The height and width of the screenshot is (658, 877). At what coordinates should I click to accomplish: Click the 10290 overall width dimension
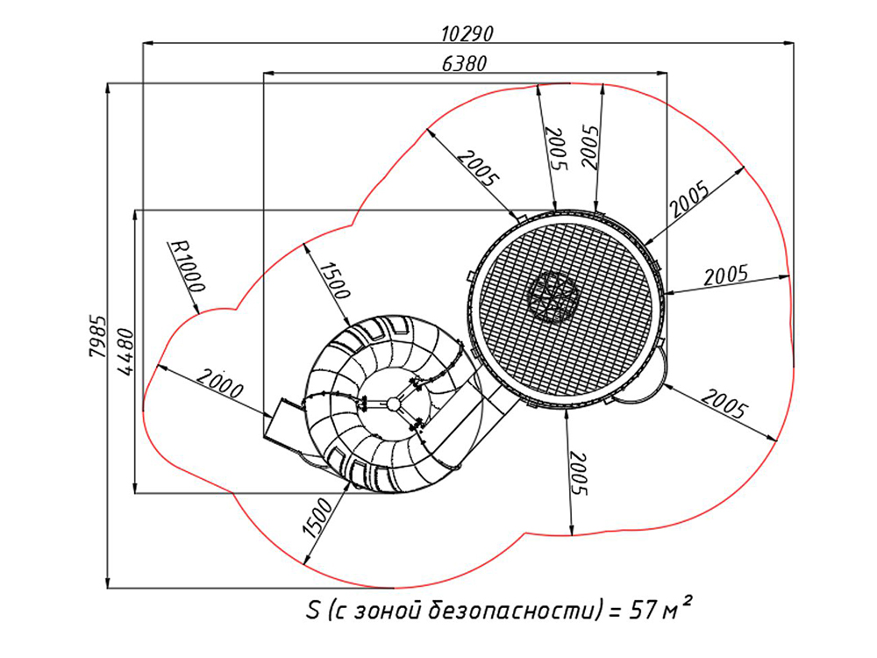click(x=468, y=34)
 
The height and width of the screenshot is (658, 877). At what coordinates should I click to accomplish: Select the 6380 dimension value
click(x=464, y=64)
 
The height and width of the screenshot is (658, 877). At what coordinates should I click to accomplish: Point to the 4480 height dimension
click(x=126, y=351)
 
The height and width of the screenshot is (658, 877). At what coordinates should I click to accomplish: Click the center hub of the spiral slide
click(x=394, y=404)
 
